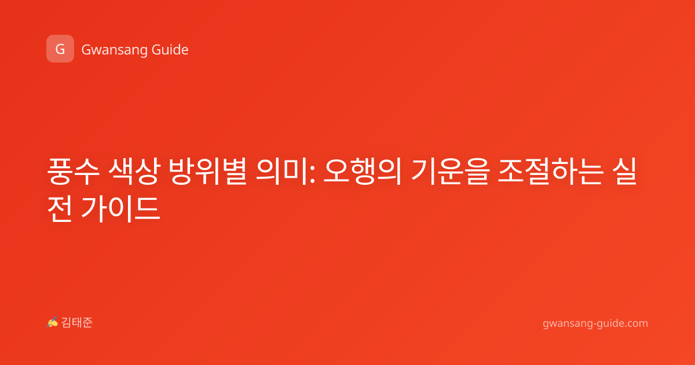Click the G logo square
pos(60,49)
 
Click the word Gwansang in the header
pos(114,50)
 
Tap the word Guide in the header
pos(170,50)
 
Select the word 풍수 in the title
pos(73,171)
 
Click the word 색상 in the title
pos(134,171)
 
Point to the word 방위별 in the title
pos(208,171)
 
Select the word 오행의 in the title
pos(362,171)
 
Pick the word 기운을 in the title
pos(450,171)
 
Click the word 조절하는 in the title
pos(551,171)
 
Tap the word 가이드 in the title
pos(120,209)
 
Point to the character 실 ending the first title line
pos(624,171)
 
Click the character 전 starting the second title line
pos(60,209)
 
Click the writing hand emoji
pos(53,322)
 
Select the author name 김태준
pos(77,323)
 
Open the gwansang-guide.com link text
pos(595,323)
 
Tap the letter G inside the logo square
pos(60,49)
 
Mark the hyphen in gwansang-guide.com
pos(594,324)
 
